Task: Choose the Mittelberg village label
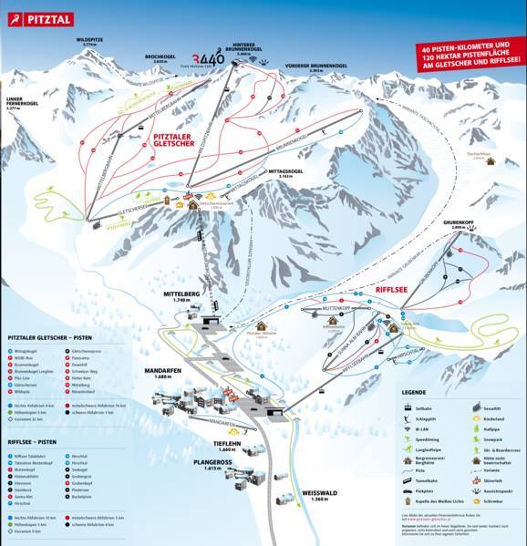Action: coord(180,296)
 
